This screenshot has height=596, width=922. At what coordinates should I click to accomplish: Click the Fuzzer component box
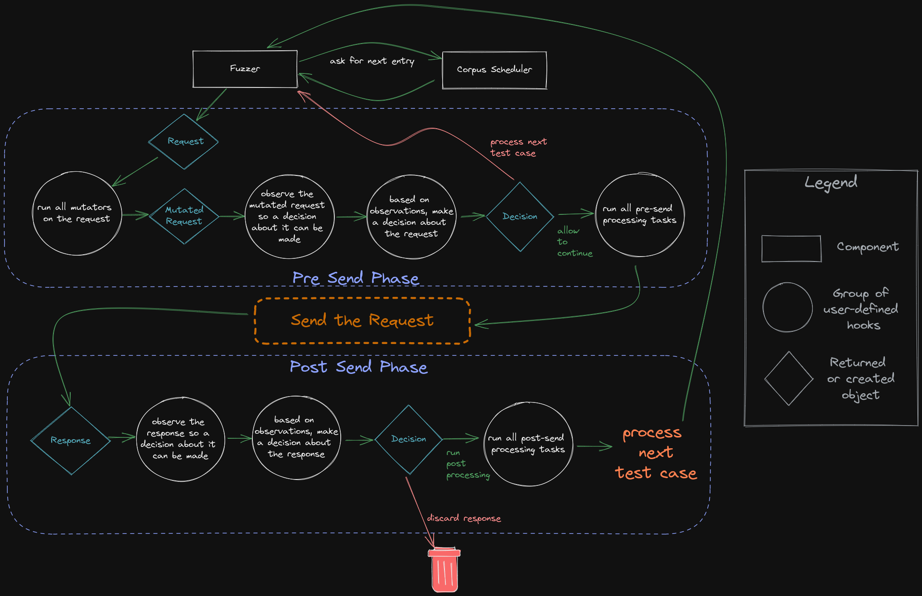click(x=245, y=69)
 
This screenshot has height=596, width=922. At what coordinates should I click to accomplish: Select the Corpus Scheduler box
click(x=494, y=70)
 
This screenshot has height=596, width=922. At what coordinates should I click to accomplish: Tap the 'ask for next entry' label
click(x=372, y=61)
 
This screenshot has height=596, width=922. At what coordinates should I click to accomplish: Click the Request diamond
click(x=184, y=141)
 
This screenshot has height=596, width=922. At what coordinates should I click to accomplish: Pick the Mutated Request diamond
click(x=184, y=216)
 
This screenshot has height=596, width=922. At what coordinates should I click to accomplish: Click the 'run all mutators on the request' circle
click(x=77, y=213)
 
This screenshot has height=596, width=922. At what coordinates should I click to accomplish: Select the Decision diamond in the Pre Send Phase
click(x=520, y=217)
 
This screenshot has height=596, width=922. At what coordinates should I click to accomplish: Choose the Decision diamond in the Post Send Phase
click(x=409, y=439)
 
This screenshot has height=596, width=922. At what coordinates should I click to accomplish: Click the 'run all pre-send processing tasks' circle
click(x=639, y=215)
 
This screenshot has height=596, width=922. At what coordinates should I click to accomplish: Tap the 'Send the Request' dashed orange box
click(x=362, y=321)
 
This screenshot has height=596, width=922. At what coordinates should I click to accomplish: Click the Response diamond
click(x=71, y=441)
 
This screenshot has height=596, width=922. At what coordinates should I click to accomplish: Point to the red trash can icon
click(x=444, y=570)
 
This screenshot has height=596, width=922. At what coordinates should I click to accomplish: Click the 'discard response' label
click(x=464, y=518)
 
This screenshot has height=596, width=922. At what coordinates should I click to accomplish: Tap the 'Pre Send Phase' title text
click(x=356, y=278)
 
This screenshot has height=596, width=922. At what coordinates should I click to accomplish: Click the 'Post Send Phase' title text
click(x=358, y=367)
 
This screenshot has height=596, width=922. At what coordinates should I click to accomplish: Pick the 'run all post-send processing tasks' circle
click(x=528, y=444)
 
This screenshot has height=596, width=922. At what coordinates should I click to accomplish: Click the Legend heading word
click(x=830, y=183)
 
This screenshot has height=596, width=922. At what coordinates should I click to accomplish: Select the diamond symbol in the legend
click(x=788, y=378)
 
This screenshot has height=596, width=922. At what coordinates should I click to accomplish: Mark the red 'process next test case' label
click(x=518, y=147)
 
